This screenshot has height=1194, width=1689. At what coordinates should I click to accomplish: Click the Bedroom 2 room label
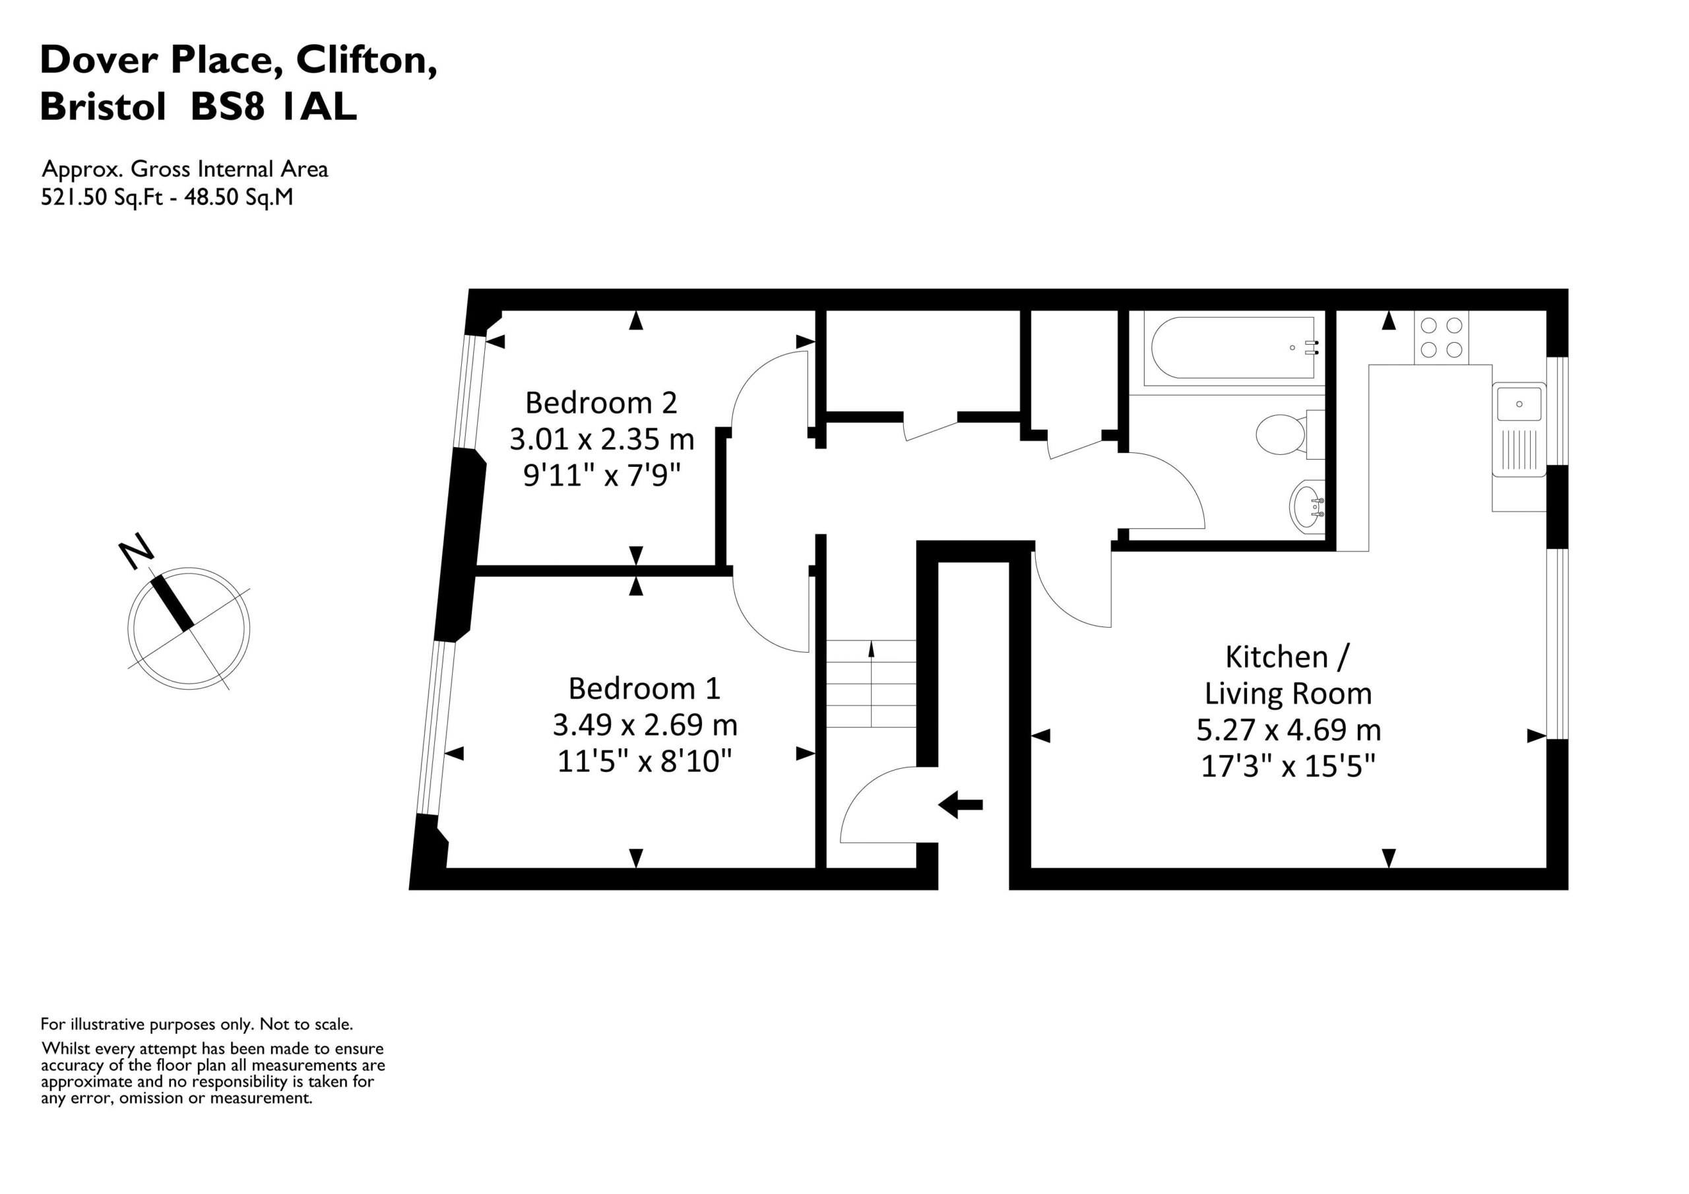601,403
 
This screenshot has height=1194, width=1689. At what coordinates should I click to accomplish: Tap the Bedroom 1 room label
645,689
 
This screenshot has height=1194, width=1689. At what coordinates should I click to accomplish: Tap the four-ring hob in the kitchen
1441,338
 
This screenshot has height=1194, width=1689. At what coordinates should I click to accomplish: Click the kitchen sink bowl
1519,404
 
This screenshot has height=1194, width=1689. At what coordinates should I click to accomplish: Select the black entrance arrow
961,804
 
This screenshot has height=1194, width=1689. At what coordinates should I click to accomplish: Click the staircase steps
872,684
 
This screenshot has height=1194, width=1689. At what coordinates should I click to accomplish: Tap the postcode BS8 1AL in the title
274,107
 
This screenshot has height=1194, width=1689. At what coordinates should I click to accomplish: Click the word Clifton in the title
366,59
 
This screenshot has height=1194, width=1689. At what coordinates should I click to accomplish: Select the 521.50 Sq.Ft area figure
102,198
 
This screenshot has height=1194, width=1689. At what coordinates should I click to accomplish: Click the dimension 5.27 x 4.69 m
1288,730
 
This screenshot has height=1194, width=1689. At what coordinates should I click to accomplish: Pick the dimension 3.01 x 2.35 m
602,440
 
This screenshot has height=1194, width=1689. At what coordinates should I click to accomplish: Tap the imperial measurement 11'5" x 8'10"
645,761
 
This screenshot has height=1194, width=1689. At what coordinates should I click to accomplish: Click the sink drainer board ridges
1519,450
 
